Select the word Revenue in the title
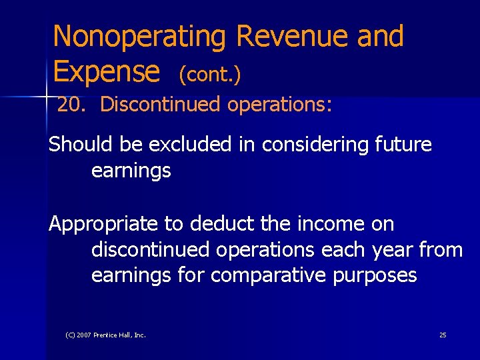tap(292, 36)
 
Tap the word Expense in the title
tap(106, 71)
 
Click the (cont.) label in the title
tap(209, 75)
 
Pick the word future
tap(405, 144)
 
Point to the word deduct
tap(216, 224)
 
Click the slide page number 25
tap(443, 335)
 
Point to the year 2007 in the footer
tap(84, 335)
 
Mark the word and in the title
tap(380, 36)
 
